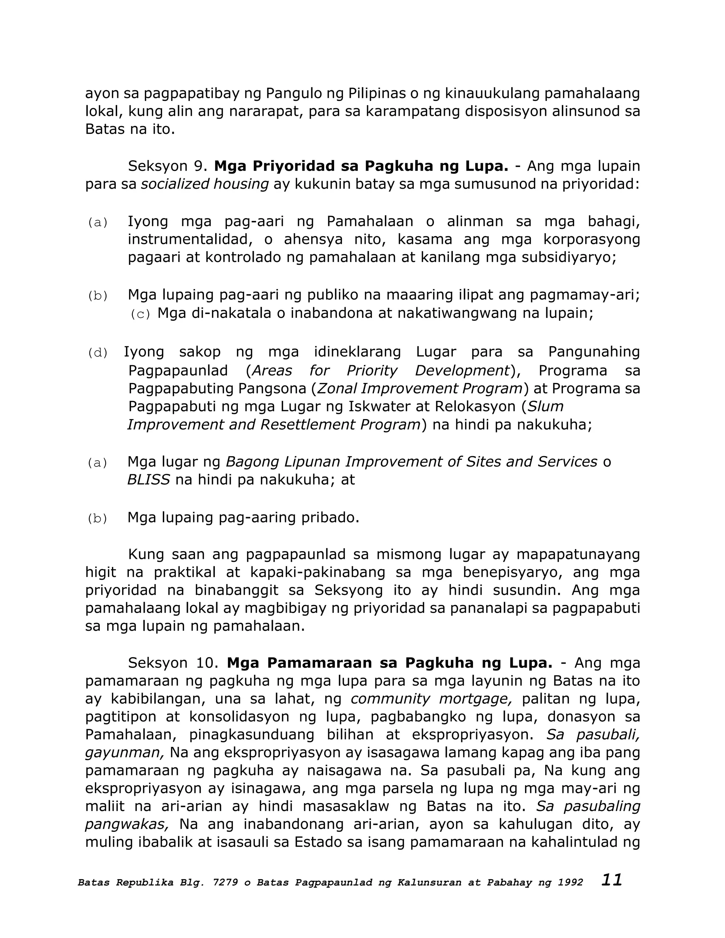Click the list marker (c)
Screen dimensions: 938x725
(x=141, y=314)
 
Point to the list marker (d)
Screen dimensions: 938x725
(x=98, y=353)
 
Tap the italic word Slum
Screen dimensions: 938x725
(x=545, y=407)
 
